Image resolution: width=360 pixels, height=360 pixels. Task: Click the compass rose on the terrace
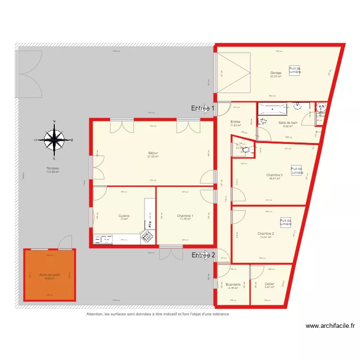tap(54, 140)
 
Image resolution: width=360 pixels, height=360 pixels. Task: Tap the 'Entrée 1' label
tap(202, 108)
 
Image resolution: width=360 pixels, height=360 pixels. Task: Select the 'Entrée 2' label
tap(203, 255)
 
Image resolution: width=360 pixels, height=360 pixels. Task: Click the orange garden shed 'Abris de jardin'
tap(49, 275)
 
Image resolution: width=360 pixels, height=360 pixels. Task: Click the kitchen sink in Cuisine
tap(103, 239)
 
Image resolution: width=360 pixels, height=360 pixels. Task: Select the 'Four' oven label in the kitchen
tap(150, 224)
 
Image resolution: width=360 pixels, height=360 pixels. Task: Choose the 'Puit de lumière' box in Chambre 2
tap(286, 222)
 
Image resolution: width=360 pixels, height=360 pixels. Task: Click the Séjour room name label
tap(153, 154)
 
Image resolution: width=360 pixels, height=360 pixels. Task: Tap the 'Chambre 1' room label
tap(185, 216)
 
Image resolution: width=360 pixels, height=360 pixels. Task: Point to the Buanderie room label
tap(233, 284)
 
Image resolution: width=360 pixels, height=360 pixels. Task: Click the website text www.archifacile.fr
tap(330, 325)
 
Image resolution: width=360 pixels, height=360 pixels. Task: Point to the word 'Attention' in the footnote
tap(95, 314)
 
